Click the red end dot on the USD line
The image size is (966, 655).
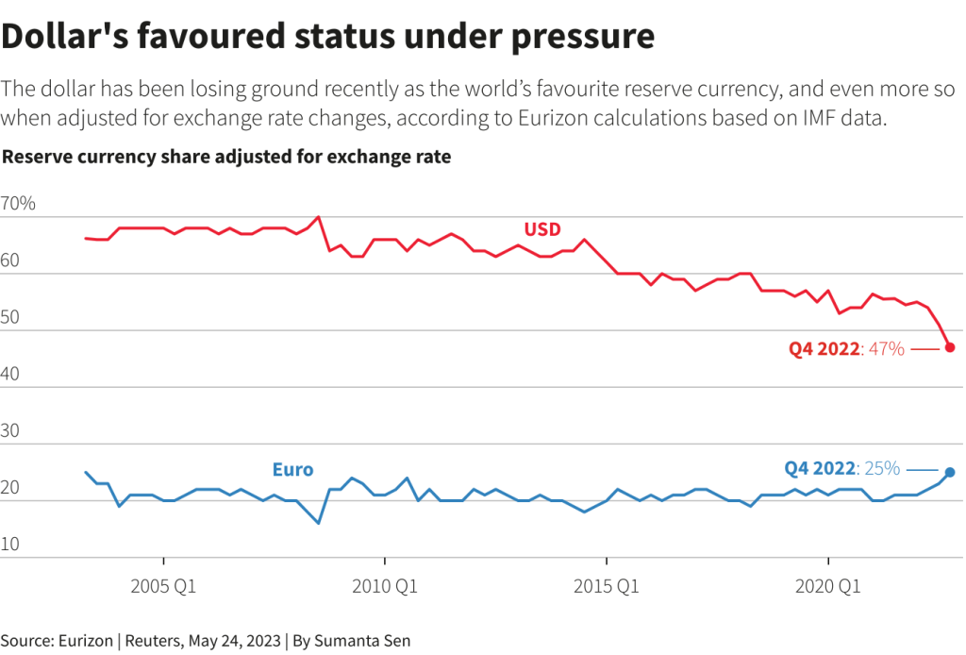950,347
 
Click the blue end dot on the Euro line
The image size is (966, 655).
950,472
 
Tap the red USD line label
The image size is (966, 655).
542,229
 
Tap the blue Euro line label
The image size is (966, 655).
292,469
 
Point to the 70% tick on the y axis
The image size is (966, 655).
18,204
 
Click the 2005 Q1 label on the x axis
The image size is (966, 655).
164,587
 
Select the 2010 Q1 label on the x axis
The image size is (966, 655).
385,587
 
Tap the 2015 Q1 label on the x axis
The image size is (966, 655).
607,587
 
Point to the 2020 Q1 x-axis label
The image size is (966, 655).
827,587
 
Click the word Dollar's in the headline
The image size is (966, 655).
67,36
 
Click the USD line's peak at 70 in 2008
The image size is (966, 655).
319,217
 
